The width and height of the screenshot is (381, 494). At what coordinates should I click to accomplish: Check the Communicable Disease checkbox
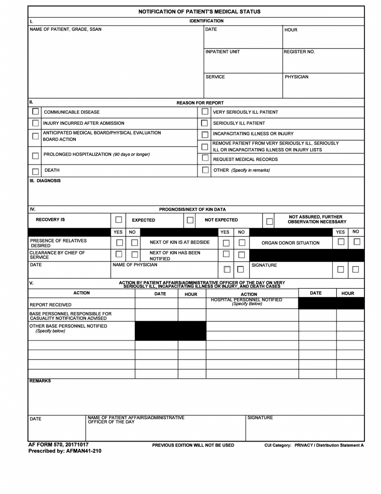[x=35, y=112]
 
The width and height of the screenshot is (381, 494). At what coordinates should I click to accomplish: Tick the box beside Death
[x=35, y=171]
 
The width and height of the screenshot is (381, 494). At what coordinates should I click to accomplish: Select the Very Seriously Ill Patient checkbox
[x=205, y=112]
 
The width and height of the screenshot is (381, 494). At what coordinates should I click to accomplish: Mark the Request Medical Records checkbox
[x=205, y=159]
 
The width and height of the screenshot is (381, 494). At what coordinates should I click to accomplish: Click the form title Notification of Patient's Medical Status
[x=199, y=12]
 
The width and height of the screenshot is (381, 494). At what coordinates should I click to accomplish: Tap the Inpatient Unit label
[x=223, y=52]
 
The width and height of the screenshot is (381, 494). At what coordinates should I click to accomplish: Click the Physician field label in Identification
[x=296, y=77]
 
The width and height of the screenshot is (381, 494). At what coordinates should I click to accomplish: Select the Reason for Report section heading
[x=200, y=103]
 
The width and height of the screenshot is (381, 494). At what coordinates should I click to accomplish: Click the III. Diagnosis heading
[x=45, y=181]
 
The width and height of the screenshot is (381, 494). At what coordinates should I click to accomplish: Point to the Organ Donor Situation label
[x=290, y=243]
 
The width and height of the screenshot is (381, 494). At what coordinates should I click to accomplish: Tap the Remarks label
[x=40, y=381]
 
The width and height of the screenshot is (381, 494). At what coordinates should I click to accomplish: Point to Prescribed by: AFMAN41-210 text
[x=65, y=451]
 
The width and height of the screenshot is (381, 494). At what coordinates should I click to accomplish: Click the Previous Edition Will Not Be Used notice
[x=193, y=445]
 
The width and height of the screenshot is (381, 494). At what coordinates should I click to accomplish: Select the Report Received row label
[x=51, y=305]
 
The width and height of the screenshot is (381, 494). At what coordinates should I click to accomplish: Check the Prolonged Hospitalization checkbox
[x=35, y=155]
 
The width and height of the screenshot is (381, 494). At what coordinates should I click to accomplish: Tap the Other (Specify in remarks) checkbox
[x=205, y=170]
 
